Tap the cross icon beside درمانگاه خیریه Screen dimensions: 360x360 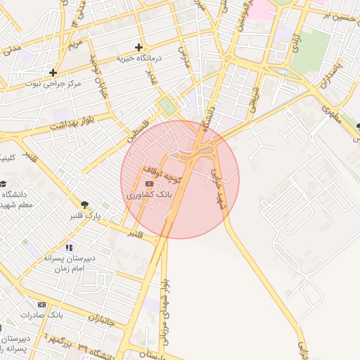139,47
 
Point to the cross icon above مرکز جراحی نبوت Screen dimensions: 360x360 53,72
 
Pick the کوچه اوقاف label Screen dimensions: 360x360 162,175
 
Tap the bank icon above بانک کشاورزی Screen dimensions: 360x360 148,184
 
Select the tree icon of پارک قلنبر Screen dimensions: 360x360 84,204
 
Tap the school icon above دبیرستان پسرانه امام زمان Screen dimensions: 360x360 69,247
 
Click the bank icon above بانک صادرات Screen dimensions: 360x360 42,304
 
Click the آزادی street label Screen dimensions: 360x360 296,41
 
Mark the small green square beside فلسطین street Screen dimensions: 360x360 167,105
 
